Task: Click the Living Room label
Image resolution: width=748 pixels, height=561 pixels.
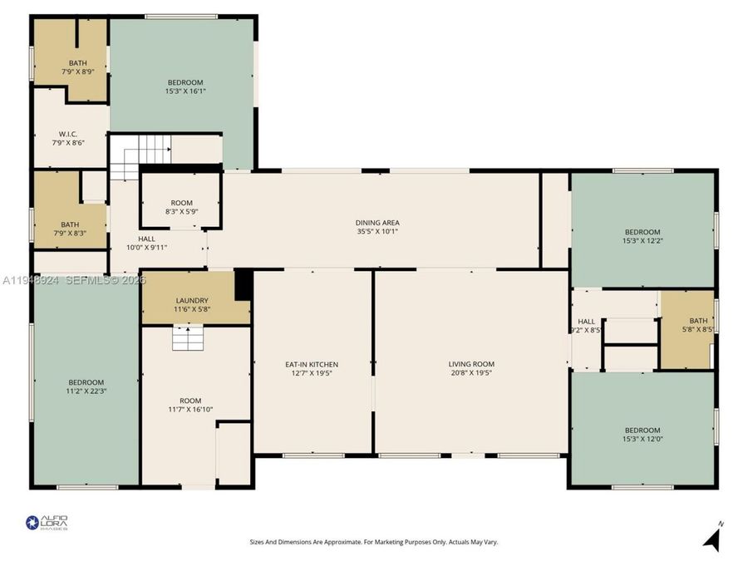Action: click(x=471, y=364)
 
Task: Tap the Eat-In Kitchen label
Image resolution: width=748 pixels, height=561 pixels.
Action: click(x=312, y=364)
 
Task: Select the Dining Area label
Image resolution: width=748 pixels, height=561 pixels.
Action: click(x=378, y=223)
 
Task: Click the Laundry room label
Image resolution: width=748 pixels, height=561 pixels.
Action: click(x=192, y=301)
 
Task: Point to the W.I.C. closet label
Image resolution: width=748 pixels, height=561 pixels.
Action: click(x=68, y=134)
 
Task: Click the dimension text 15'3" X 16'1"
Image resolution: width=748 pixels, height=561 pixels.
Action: click(x=185, y=91)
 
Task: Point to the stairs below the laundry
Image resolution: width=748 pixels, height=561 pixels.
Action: click(x=188, y=338)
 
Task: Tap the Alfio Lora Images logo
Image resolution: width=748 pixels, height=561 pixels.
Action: click(x=47, y=522)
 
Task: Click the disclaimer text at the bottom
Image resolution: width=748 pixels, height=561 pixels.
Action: click(x=374, y=542)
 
